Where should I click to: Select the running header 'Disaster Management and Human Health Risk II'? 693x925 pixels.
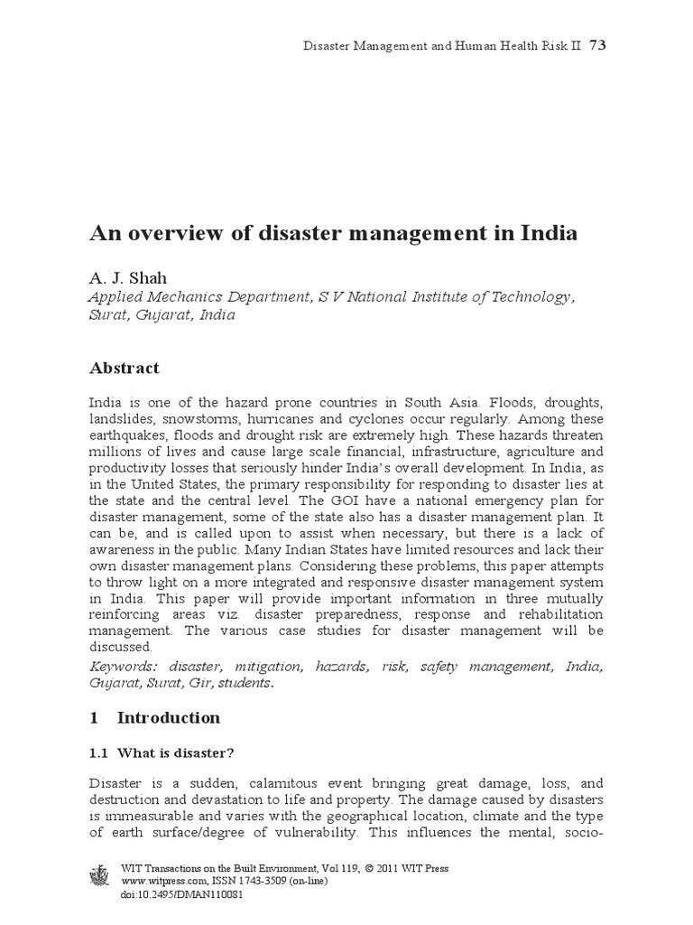[x=439, y=46]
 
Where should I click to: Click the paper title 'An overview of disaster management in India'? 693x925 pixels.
[x=333, y=233]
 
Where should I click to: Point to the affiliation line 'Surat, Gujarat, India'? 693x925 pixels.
[x=162, y=316]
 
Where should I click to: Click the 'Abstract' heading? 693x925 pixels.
[x=124, y=368]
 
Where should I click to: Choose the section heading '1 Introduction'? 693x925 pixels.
[x=154, y=718]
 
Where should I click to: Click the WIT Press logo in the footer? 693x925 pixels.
[x=100, y=879]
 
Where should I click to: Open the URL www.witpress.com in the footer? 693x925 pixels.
[x=159, y=882]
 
